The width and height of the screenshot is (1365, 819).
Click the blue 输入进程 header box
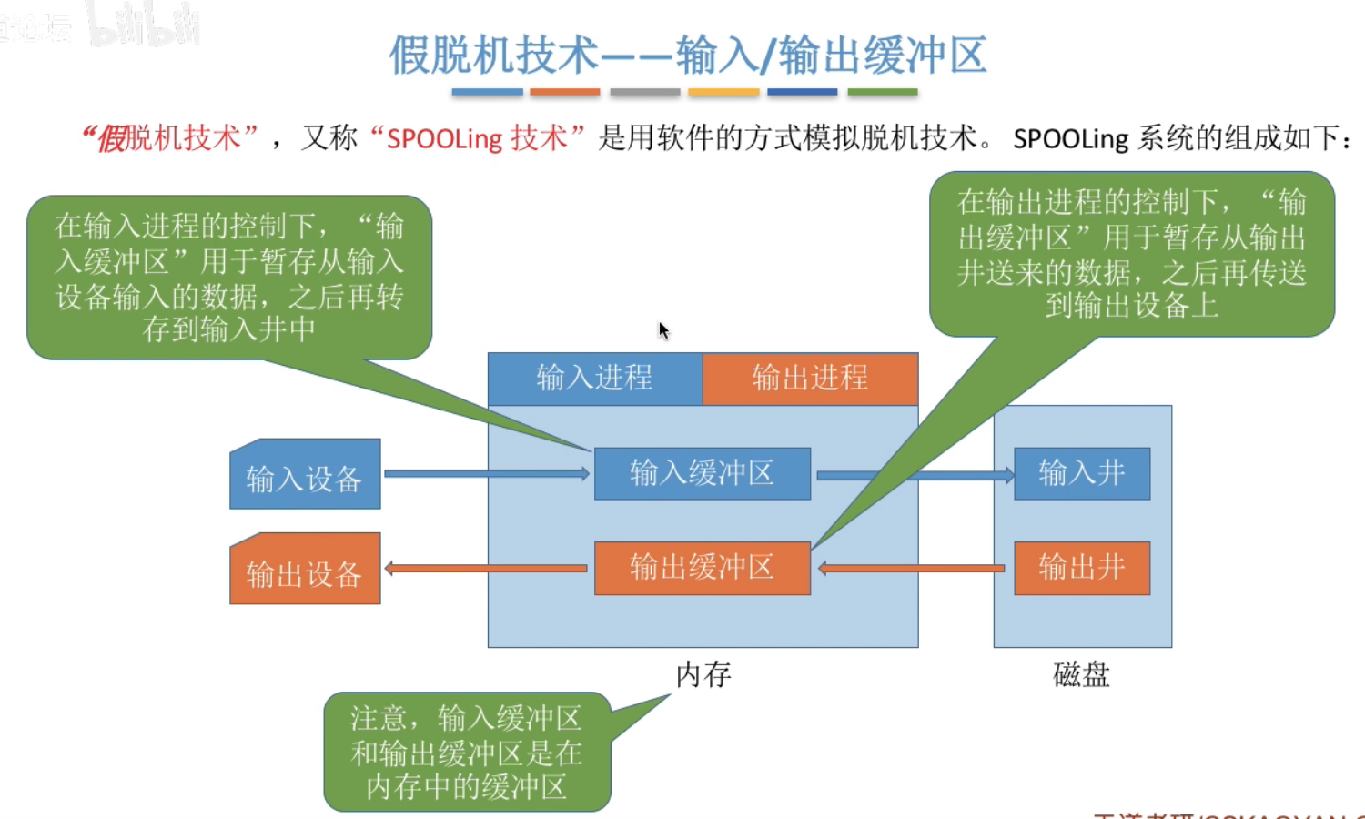595,379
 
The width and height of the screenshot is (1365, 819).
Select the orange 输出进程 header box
810,379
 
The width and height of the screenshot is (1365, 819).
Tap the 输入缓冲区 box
702,473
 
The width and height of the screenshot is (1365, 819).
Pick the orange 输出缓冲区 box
702,568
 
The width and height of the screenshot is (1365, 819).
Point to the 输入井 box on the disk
1082,473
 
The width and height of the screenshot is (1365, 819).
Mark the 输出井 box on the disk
1082,568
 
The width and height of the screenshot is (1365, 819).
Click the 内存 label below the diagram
703,675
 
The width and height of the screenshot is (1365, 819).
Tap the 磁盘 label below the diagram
1081,675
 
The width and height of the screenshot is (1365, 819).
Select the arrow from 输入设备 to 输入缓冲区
487,473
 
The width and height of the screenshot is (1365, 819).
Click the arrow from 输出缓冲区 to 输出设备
487,569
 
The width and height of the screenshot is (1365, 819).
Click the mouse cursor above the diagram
663,329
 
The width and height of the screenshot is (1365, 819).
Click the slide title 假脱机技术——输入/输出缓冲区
688,55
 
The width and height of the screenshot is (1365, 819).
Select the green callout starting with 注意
467,753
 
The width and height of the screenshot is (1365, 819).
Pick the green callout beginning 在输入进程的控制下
229,278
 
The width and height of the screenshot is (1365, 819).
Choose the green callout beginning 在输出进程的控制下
1132,254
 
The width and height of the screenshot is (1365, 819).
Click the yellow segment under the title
724,92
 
